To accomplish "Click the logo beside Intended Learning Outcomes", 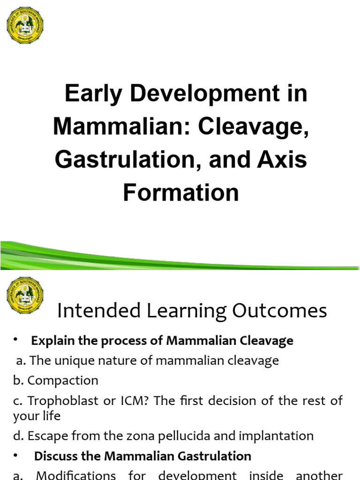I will (x=25, y=295).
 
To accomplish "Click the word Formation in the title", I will (x=181, y=193).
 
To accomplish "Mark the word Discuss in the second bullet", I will (x=53, y=456).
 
